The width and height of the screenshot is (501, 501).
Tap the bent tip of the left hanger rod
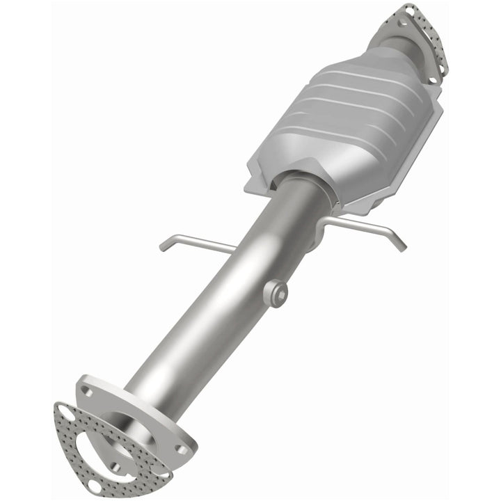pyautogui.click(x=164, y=245)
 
